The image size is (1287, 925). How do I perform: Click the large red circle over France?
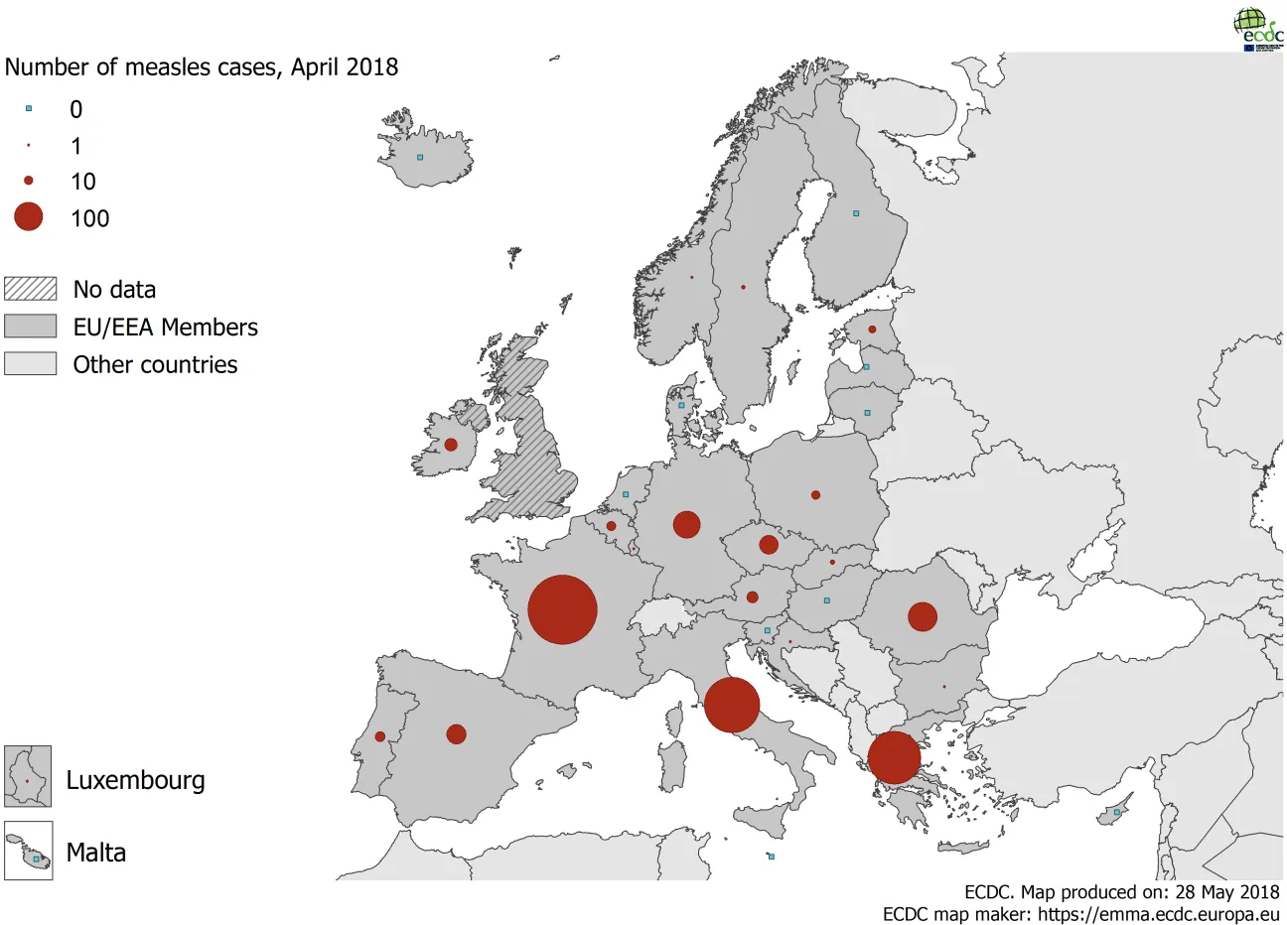tap(562, 609)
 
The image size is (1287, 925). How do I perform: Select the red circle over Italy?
tap(732, 705)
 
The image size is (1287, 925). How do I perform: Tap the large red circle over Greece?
tap(895, 758)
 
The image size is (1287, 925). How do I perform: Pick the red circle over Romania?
tap(923, 616)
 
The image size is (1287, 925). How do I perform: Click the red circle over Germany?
tap(686, 524)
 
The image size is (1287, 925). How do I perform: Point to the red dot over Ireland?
tap(451, 445)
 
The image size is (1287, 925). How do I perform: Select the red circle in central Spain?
tap(456, 734)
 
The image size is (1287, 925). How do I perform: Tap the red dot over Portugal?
tap(379, 736)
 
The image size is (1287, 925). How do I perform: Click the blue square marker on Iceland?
tap(420, 157)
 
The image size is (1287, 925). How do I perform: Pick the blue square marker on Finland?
tap(856, 213)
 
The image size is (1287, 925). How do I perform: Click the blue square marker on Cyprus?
tap(1117, 813)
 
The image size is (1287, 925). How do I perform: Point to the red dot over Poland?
tap(815, 494)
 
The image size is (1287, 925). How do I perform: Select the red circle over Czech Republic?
tap(769, 545)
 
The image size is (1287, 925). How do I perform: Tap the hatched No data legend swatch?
tap(30, 289)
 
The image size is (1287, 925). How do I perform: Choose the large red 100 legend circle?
tap(29, 216)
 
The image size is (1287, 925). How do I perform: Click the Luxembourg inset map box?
tap(28, 776)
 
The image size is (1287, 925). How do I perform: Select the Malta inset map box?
tap(28, 852)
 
